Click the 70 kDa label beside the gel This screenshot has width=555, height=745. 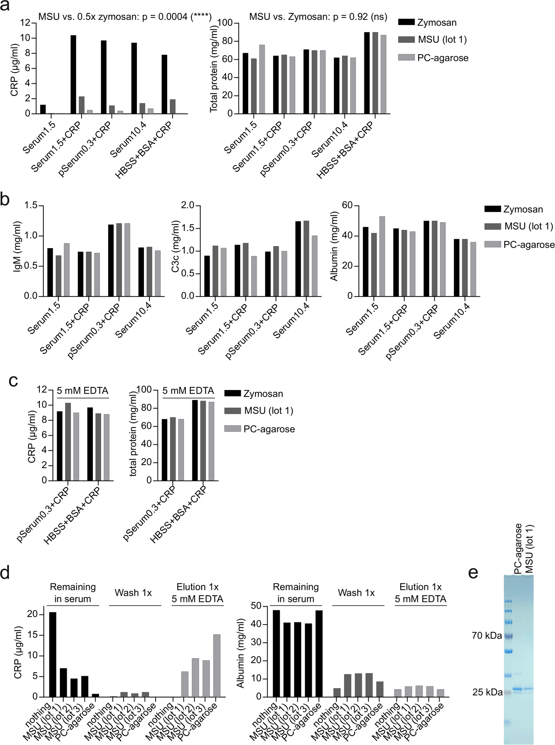coord(487,635)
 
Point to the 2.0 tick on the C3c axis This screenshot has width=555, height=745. coord(188,205)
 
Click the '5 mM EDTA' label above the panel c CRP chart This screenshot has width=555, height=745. coord(82,391)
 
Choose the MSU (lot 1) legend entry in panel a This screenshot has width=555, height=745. coord(442,40)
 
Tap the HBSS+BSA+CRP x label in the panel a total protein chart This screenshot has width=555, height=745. coord(346,150)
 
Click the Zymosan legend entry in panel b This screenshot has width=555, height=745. coord(523,209)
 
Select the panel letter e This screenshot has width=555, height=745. coord(473,573)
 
